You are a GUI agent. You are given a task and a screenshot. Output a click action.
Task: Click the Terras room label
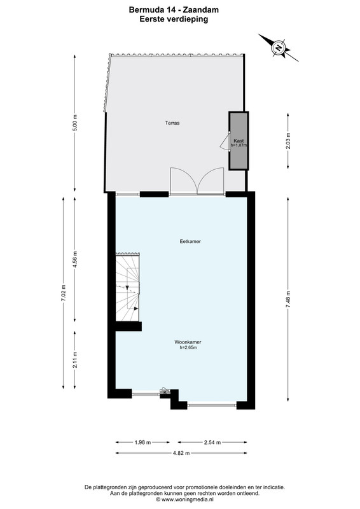(172, 123)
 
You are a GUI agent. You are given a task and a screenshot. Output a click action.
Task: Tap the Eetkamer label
(190, 242)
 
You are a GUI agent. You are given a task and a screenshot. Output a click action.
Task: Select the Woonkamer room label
(188, 342)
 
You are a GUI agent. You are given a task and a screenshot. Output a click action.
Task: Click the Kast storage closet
(239, 141)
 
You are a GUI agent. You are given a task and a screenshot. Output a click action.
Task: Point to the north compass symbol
(279, 48)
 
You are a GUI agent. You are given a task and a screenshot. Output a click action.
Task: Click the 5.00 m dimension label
(75, 123)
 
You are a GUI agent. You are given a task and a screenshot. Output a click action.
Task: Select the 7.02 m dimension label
(64, 293)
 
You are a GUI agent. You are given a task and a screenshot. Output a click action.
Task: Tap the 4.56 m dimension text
(75, 260)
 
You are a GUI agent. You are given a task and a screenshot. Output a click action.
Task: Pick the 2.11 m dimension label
(75, 360)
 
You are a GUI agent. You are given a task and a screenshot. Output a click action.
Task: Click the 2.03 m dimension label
(288, 141)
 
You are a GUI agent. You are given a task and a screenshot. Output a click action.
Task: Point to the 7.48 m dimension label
(288, 300)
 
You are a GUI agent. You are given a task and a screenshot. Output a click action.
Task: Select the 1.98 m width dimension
(142, 442)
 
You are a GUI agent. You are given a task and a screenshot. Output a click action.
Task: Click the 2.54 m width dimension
(212, 442)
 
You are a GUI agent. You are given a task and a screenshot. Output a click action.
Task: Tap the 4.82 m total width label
(181, 453)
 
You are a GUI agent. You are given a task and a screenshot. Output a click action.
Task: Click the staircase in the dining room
(128, 288)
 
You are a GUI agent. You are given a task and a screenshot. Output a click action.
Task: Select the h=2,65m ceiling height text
(188, 347)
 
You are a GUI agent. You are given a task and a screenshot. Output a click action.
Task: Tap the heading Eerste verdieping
(174, 19)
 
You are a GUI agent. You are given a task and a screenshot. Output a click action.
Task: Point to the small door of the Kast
(225, 141)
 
